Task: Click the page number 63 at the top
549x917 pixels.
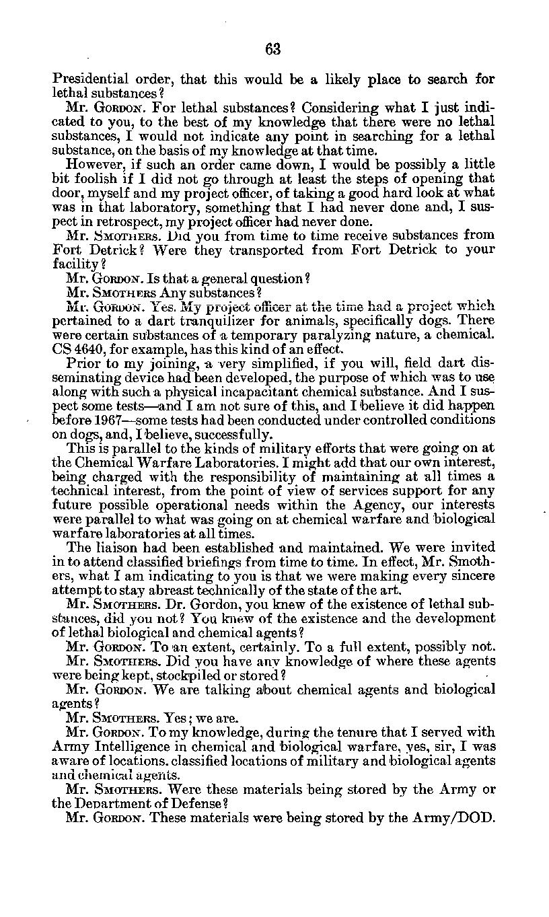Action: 272,48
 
